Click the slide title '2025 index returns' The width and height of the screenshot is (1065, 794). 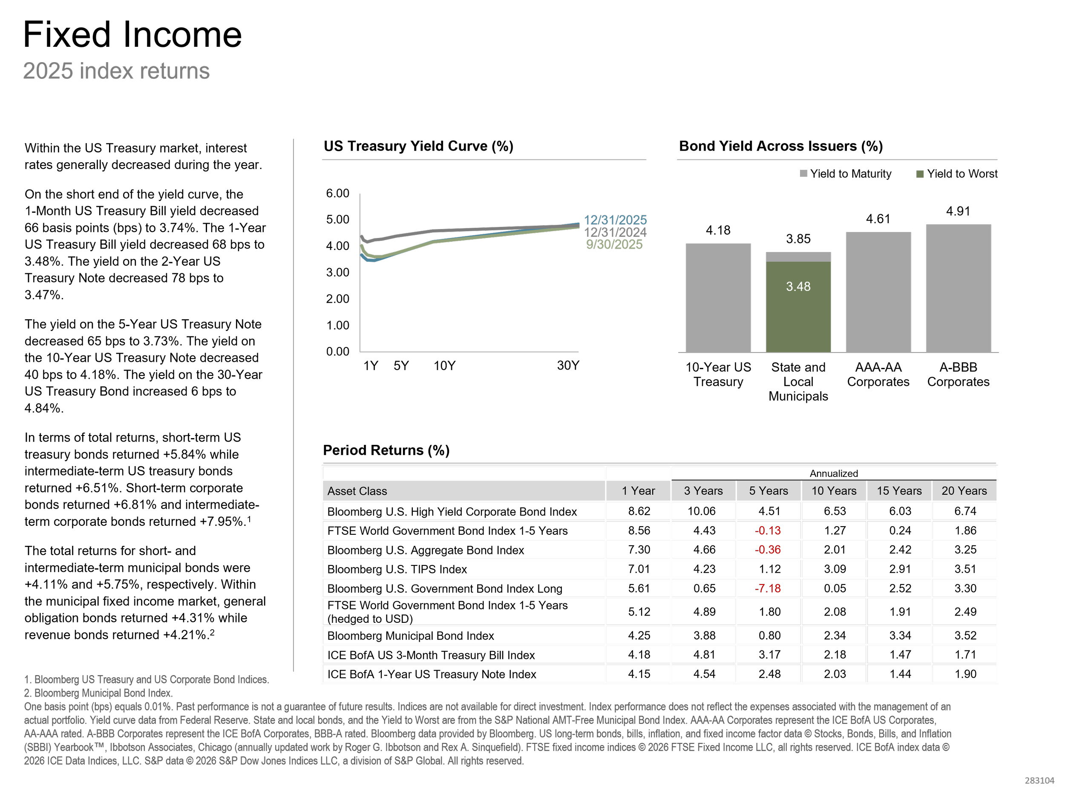116,71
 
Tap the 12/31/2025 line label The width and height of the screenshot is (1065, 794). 615,220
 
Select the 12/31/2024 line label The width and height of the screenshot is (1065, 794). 615,232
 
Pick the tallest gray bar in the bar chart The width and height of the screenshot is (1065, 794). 958,288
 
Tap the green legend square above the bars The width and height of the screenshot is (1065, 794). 920,174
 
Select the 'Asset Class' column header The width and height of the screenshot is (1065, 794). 357,491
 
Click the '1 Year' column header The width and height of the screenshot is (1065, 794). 638,491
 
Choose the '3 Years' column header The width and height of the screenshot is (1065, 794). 703,491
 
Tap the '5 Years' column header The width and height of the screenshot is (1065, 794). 769,491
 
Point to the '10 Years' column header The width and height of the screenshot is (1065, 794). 834,491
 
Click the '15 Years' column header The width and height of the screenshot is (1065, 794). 899,491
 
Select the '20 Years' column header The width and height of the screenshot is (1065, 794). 964,491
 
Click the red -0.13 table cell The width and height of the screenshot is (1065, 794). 768,530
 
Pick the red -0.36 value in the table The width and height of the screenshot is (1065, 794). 768,549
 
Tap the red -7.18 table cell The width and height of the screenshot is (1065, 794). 768,588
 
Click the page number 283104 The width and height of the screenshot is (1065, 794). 1039,780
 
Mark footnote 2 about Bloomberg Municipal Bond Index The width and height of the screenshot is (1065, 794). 98,693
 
